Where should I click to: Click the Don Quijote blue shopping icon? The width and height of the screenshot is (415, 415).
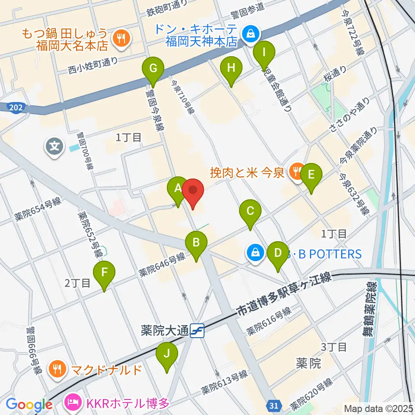click(x=250, y=32)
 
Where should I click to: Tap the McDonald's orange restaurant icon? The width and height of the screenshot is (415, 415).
click(x=57, y=370)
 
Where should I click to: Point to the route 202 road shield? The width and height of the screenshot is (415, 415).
click(x=16, y=106)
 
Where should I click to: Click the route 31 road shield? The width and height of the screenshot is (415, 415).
click(x=273, y=405)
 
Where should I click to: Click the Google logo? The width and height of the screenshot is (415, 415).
click(x=29, y=405)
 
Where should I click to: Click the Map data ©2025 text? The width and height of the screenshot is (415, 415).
click(x=378, y=408)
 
